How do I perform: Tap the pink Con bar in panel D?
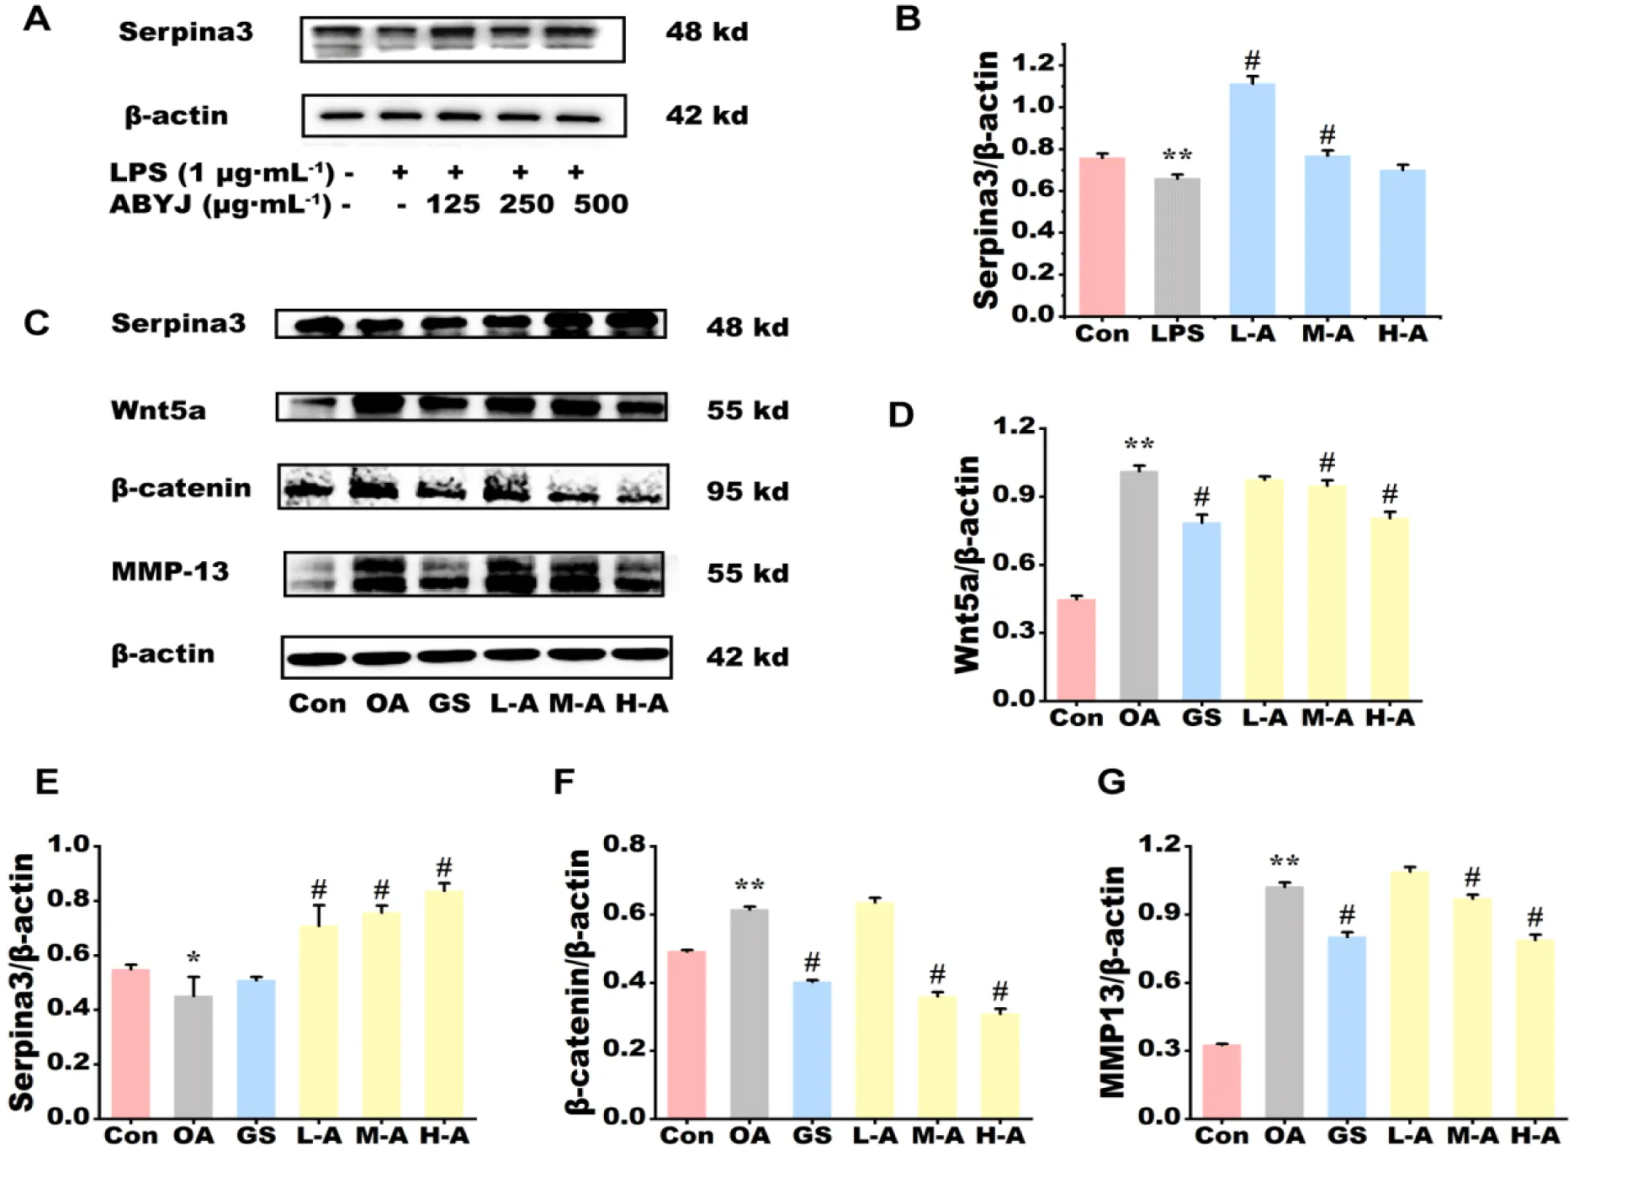(1076, 649)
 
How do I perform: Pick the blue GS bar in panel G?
(1347, 1027)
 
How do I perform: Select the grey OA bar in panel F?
(749, 1013)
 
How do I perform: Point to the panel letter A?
(37, 19)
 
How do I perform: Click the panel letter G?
(1111, 782)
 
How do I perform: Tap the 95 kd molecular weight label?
(747, 491)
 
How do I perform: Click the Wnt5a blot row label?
(158, 410)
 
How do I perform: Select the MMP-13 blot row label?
(170, 572)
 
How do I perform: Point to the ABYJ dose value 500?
(601, 204)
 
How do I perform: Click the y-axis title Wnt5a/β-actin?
(967, 564)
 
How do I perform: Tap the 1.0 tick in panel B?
(1033, 105)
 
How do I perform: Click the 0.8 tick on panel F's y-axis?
(625, 844)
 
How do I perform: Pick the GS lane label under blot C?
(448, 703)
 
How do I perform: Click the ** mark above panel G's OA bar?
(1284, 862)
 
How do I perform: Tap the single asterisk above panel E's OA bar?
(193, 958)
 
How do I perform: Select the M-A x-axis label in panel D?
(1327, 718)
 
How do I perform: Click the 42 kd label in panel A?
(707, 115)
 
